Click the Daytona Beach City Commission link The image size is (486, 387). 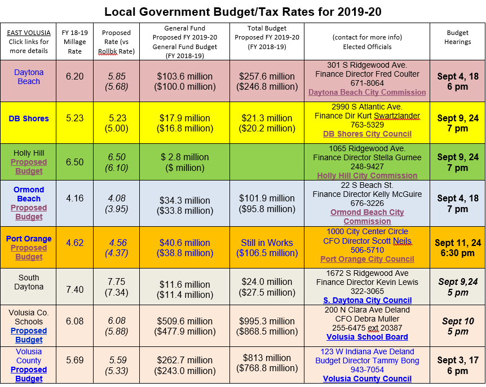pyautogui.click(x=367, y=92)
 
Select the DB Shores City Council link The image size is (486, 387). pyautogui.click(x=367, y=134)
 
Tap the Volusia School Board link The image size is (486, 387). pyautogui.click(x=367, y=337)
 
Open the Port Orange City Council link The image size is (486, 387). pyautogui.click(x=367, y=259)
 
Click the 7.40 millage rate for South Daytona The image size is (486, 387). pyautogui.click(x=74, y=289)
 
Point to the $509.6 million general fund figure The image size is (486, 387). pyautogui.click(x=184, y=321)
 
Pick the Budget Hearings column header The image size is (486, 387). pyautogui.click(x=457, y=37)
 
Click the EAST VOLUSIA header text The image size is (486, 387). pyautogui.click(x=29, y=33)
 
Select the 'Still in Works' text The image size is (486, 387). pyautogui.click(x=267, y=243)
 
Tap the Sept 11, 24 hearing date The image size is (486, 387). pyautogui.click(x=457, y=243)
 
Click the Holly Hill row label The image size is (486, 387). pyautogui.click(x=29, y=153)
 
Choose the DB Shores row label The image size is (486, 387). pyautogui.click(x=29, y=118)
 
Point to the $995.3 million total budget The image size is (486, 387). pyautogui.click(x=267, y=321)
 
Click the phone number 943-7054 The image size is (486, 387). pyautogui.click(x=367, y=370)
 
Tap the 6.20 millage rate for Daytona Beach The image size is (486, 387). pyautogui.click(x=74, y=76)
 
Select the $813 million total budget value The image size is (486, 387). pyautogui.click(x=267, y=357)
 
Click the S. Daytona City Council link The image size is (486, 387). pyautogui.click(x=367, y=300)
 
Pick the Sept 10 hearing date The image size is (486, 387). pyautogui.click(x=457, y=322)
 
